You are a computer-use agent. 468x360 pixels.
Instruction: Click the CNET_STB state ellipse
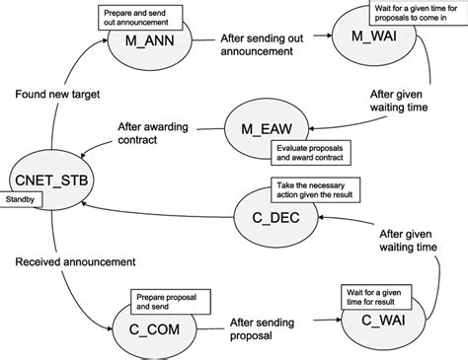(x=46, y=180)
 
